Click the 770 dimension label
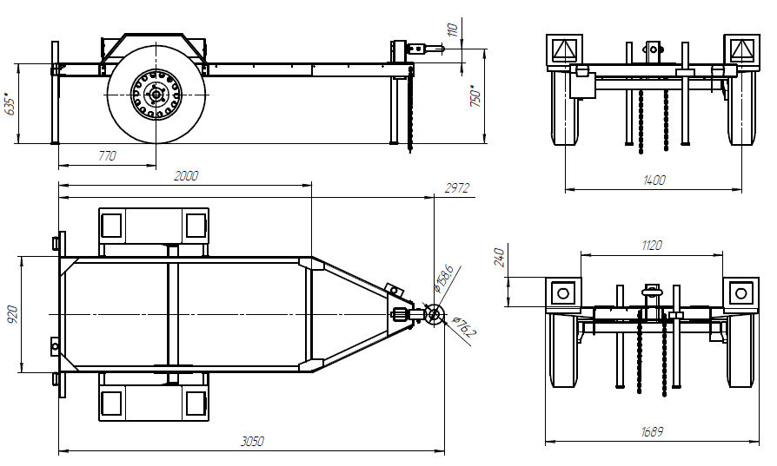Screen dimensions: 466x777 106,157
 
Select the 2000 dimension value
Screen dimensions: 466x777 186,175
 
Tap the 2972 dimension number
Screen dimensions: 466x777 457,187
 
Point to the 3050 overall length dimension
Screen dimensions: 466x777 251,442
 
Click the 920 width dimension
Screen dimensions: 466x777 11,313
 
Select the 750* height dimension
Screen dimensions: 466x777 475,95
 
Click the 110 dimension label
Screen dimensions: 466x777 452,31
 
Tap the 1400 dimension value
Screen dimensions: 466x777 654,180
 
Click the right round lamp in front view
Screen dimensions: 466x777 740,293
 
